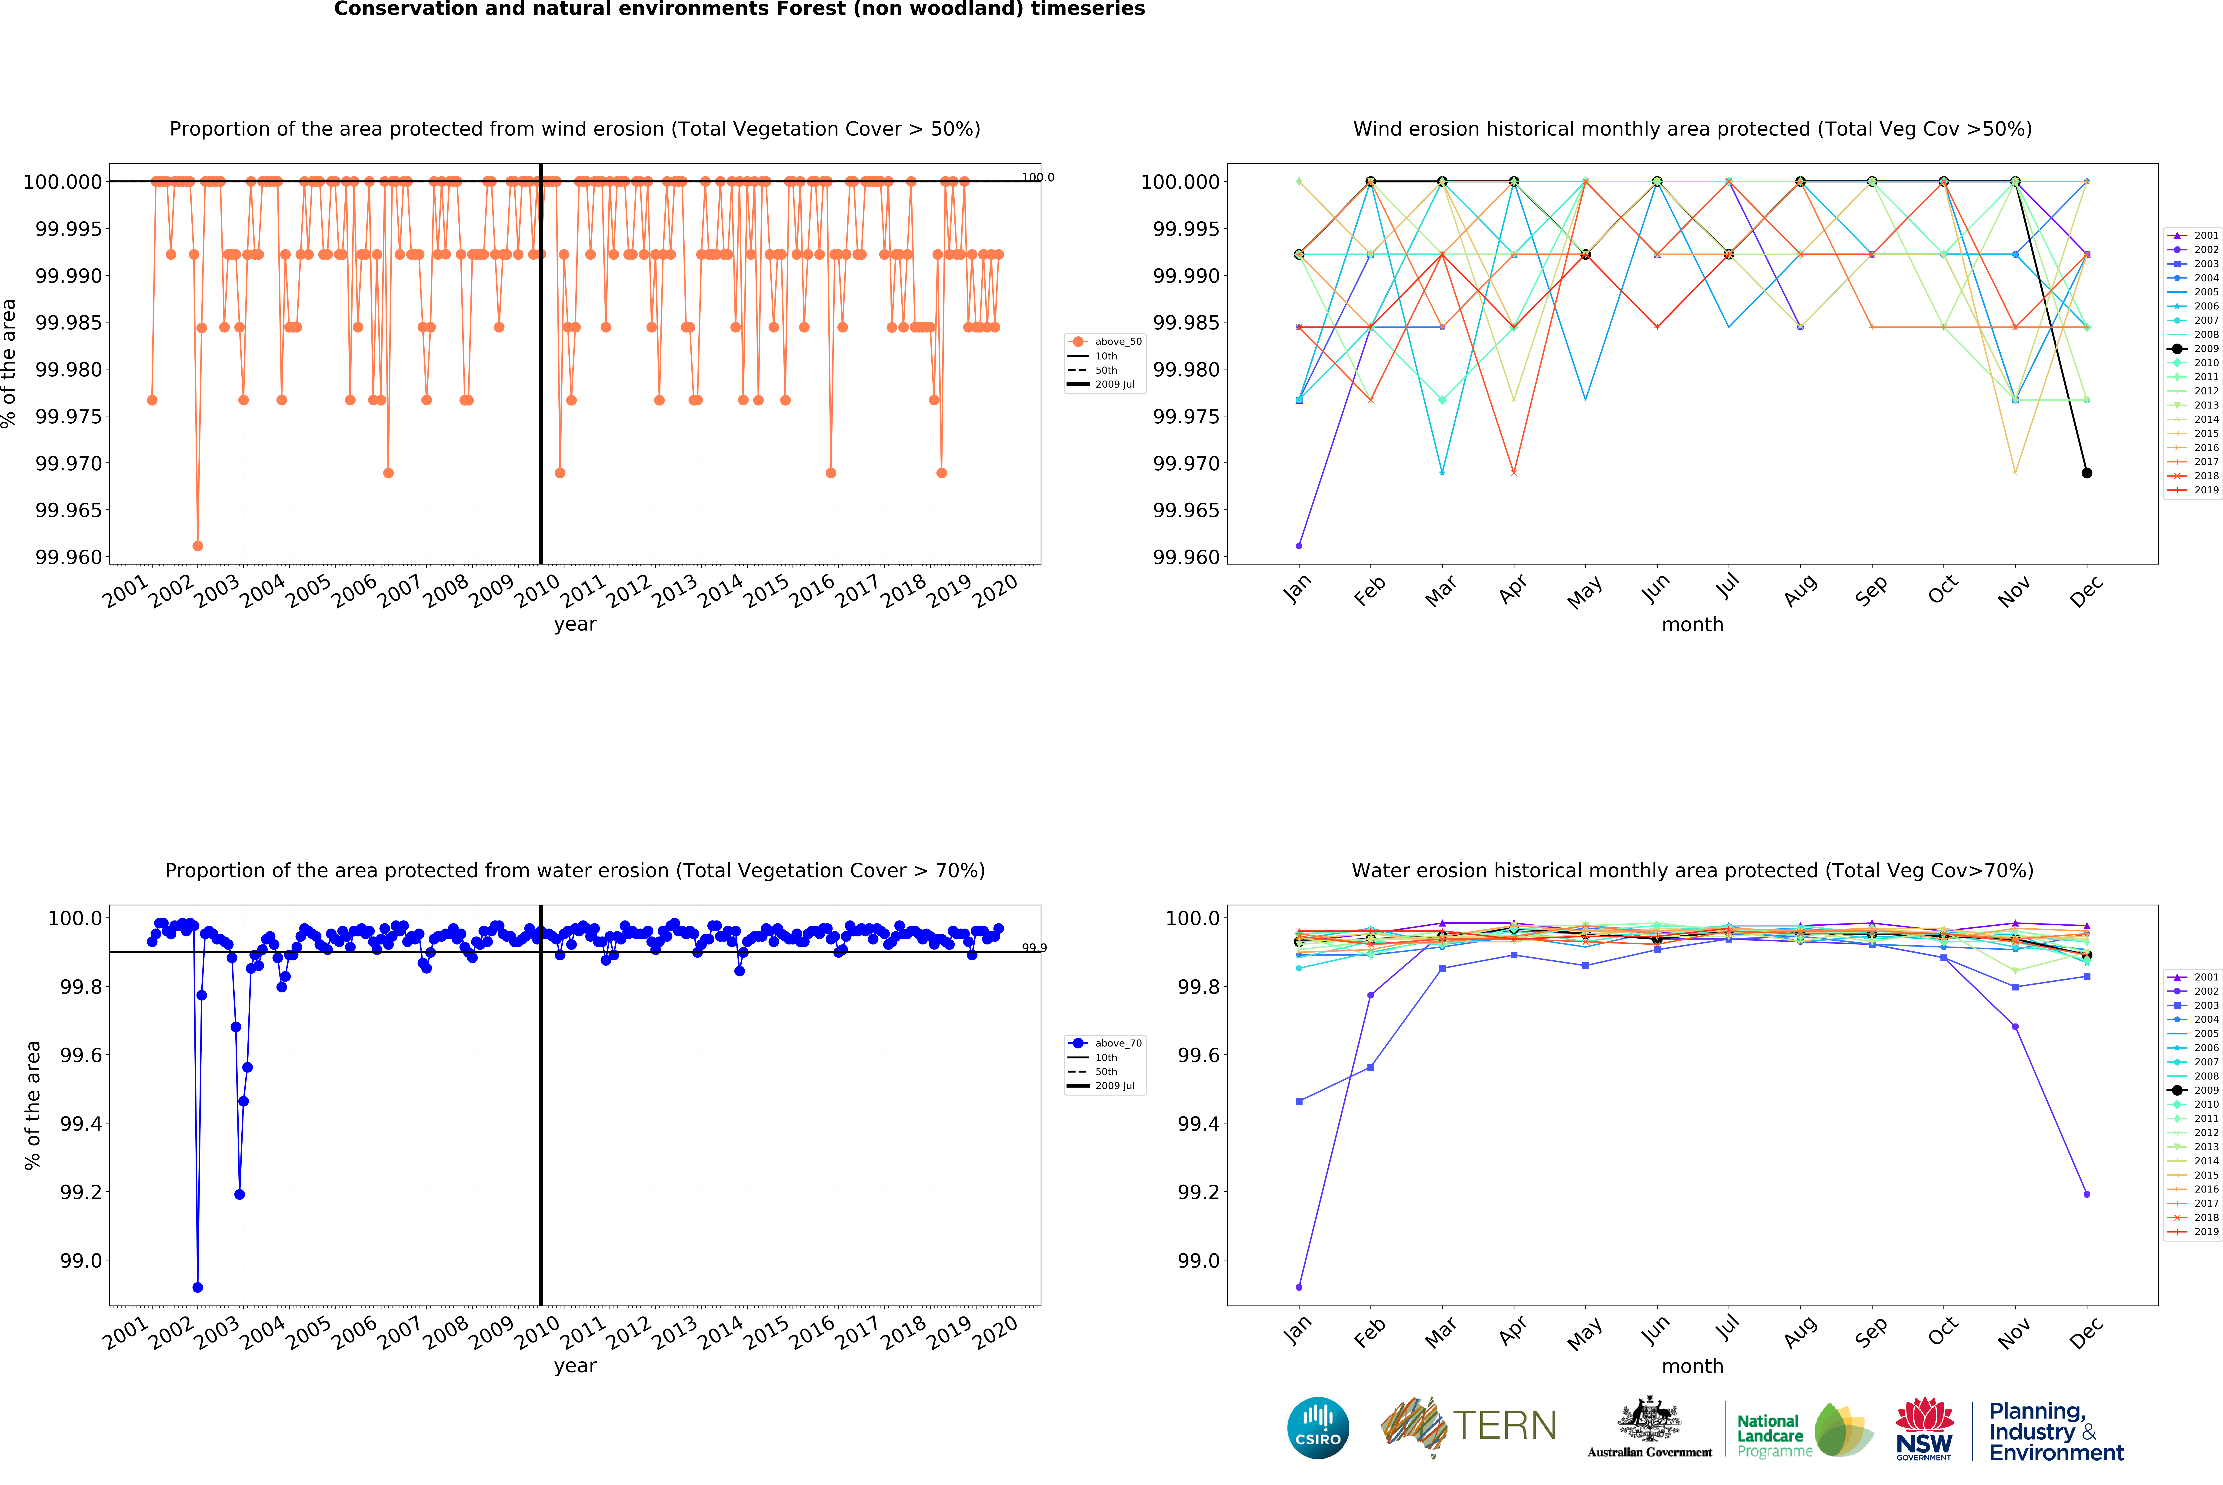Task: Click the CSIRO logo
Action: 1317,1427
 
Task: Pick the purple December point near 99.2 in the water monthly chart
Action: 2087,1194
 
